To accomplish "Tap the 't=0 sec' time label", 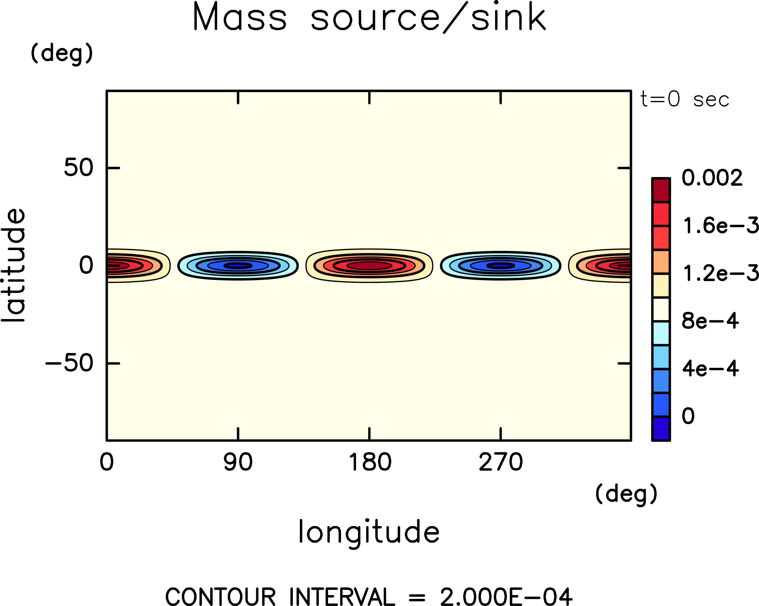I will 684,100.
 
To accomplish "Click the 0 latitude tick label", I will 86,265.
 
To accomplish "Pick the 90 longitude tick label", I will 238,463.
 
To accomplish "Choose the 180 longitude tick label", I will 370,463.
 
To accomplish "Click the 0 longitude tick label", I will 107,463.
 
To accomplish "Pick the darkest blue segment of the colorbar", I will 661,428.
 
